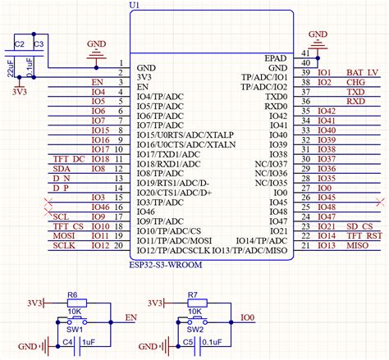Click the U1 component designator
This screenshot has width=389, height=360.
(135, 6)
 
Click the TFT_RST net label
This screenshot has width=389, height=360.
(363, 235)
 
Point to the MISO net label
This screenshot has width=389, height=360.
(357, 245)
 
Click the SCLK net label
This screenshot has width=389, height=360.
(64, 245)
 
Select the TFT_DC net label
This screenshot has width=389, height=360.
(67, 158)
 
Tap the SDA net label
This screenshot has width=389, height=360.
(61, 169)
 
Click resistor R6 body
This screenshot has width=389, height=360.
(72, 303)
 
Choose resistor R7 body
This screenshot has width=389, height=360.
(194, 303)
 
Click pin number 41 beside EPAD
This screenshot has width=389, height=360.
(305, 52)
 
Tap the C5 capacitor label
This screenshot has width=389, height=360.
(188, 341)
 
